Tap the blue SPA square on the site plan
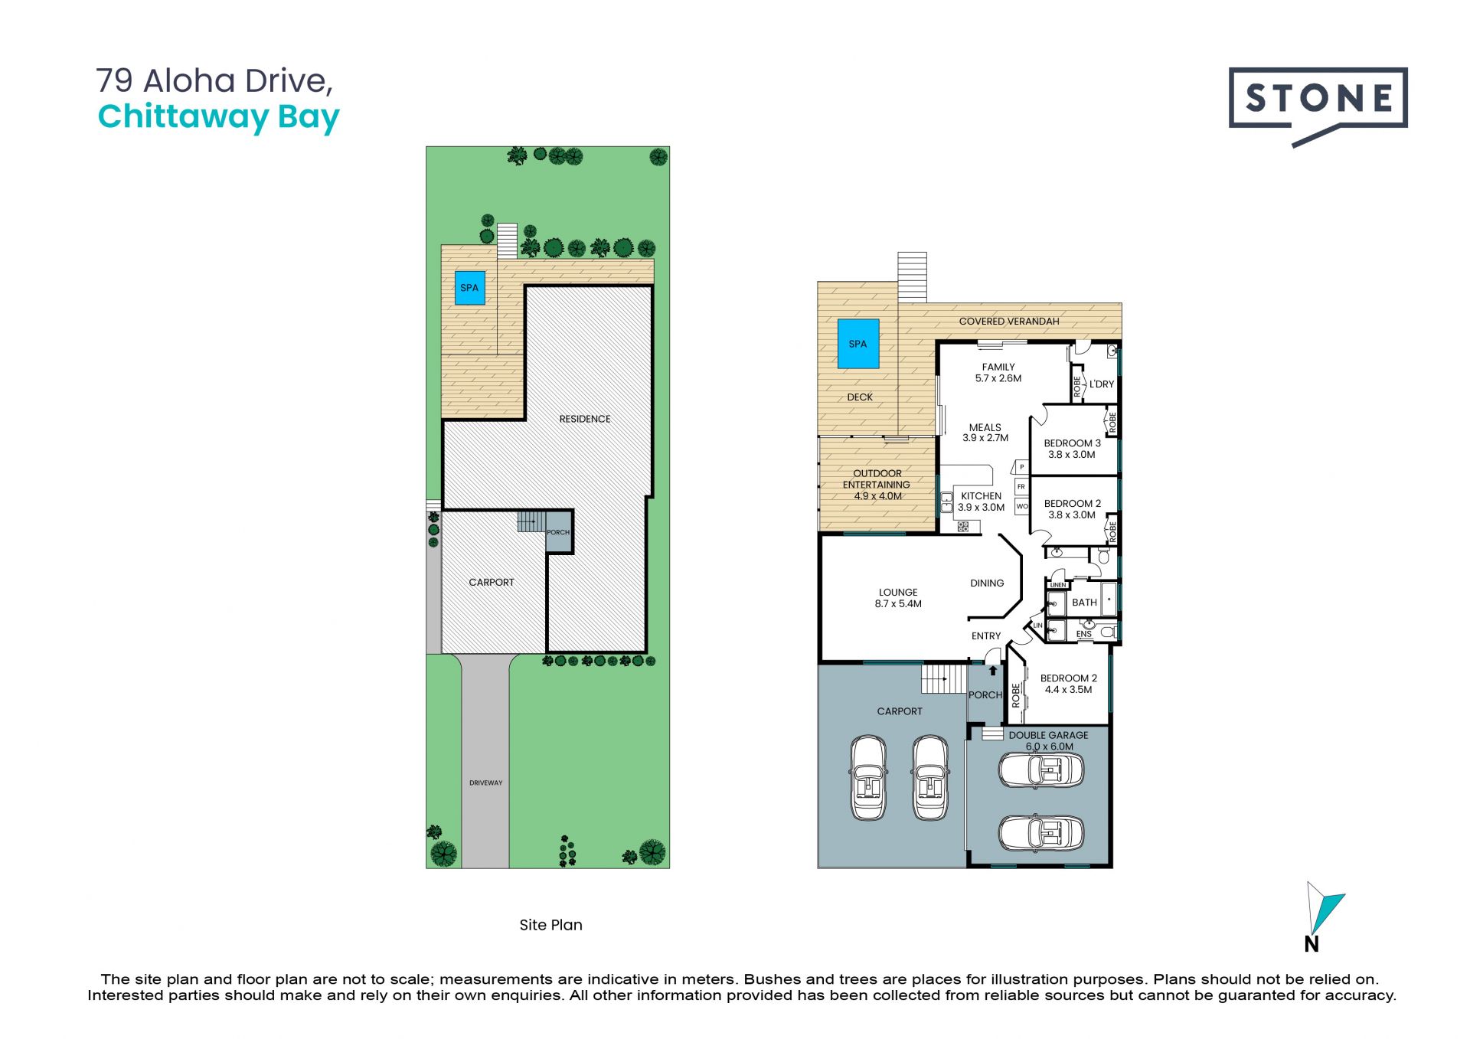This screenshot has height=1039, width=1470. (x=470, y=288)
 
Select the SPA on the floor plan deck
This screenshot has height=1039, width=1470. (x=858, y=344)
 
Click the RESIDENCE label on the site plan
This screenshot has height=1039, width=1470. (x=585, y=419)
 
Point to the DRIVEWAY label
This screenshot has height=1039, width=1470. (x=486, y=783)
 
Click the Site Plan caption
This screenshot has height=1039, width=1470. (x=550, y=925)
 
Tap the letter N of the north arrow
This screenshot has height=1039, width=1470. (x=1312, y=945)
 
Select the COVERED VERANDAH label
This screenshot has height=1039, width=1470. (x=1009, y=322)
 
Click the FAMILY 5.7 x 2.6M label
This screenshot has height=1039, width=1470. (x=998, y=373)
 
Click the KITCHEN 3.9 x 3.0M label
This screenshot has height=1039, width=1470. (x=982, y=502)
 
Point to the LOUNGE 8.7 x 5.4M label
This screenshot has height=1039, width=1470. (x=898, y=598)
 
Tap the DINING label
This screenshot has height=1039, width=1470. (x=987, y=583)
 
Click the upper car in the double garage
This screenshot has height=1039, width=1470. (x=1041, y=770)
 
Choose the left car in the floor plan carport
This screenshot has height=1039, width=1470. (x=868, y=778)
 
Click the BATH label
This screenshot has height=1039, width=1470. (x=1084, y=603)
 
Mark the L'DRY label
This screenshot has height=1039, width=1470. (x=1102, y=384)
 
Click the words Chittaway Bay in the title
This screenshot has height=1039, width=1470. (x=219, y=117)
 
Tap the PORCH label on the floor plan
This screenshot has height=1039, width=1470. (x=985, y=695)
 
